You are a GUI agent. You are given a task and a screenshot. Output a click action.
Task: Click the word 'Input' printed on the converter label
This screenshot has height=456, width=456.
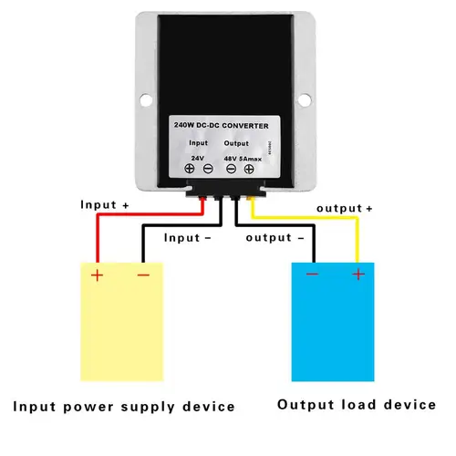tap(199, 143)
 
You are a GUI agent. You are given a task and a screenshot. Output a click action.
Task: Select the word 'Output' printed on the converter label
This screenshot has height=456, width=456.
tap(235, 143)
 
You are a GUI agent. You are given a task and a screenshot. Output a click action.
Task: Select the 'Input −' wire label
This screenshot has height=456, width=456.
tap(187, 237)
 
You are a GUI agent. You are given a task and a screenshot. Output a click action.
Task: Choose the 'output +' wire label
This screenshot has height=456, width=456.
tap(345, 209)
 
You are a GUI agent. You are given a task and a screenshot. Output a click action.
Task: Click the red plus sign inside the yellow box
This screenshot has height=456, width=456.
tap(96, 273)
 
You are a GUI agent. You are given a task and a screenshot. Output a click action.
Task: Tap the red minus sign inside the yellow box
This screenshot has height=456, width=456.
tap(143, 273)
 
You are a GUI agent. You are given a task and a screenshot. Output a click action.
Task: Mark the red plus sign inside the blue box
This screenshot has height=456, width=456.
tap(358, 273)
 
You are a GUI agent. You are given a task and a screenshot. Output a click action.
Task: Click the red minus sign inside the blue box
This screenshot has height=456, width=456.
tap(313, 273)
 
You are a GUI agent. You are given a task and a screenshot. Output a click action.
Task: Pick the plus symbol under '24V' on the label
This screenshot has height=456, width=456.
tap(190, 169)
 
